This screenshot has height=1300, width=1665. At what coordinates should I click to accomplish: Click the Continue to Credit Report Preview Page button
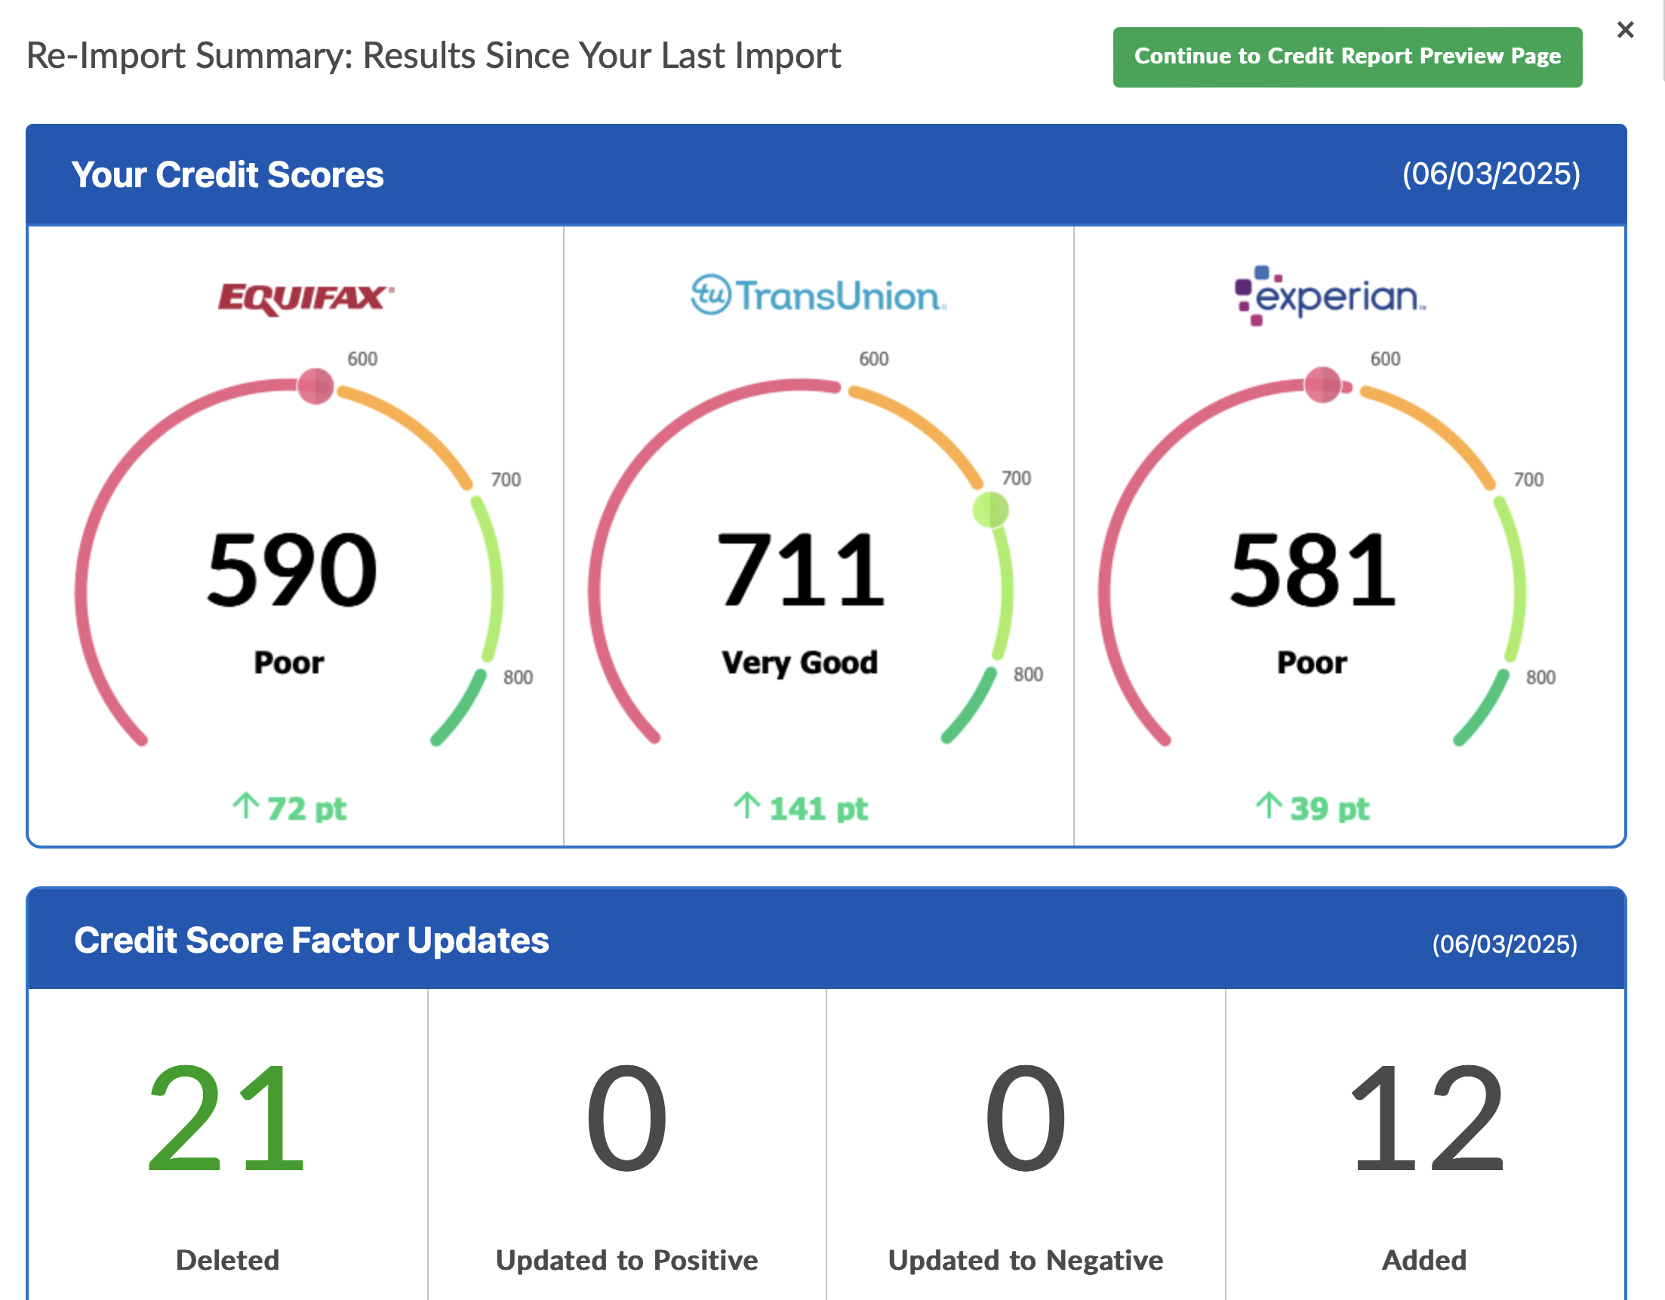(x=1346, y=57)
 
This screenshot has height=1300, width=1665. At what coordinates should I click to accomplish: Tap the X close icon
(x=1624, y=29)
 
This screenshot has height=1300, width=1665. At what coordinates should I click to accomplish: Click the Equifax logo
(x=305, y=297)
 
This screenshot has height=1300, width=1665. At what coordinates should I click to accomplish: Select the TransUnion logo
(x=818, y=296)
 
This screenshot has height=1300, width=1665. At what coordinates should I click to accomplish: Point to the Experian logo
(x=1331, y=296)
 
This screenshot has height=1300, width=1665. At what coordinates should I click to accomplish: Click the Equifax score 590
(x=291, y=570)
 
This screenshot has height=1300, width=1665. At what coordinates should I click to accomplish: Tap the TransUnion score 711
(x=801, y=570)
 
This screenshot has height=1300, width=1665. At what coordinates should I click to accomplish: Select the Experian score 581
(x=1313, y=570)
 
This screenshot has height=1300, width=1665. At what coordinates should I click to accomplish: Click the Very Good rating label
(x=800, y=662)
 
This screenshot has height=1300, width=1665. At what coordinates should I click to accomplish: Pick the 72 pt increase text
(x=291, y=808)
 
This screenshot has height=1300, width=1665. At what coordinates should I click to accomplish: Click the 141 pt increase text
(x=802, y=808)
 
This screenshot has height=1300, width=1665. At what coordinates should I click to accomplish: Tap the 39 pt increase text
(x=1313, y=808)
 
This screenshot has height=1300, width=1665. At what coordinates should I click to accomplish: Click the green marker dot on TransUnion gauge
(x=990, y=510)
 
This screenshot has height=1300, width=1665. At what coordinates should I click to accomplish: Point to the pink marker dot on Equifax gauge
(x=315, y=386)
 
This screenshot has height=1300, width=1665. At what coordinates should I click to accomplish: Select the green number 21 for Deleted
(x=226, y=1119)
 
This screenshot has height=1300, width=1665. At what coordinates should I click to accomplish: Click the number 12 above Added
(x=1426, y=1119)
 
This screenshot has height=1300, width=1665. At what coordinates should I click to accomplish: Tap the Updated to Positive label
(x=626, y=1259)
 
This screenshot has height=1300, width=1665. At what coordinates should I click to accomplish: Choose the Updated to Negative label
(x=1026, y=1259)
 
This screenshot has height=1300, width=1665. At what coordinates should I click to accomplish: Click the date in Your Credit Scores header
(x=1491, y=174)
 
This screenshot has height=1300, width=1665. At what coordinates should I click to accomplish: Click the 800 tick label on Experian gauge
(x=1540, y=677)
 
